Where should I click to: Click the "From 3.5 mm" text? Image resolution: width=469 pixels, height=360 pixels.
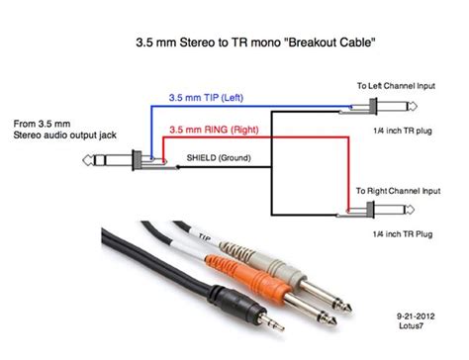pyautogui.click(x=44, y=124)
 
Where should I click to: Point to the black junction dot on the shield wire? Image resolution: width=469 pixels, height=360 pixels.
pyautogui.click(x=178, y=165)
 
